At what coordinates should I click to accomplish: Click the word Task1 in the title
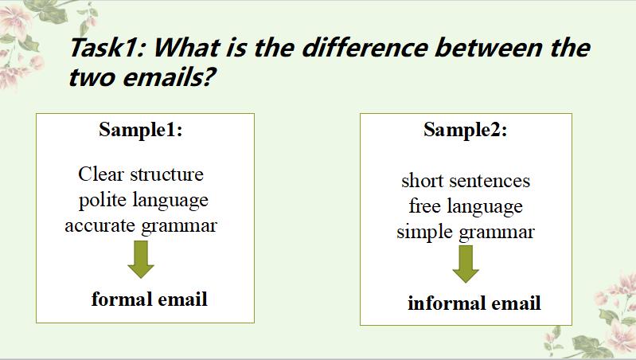(x=107, y=47)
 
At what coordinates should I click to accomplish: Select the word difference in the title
(x=365, y=47)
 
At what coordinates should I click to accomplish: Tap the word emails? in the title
(x=168, y=76)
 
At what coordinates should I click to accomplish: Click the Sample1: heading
(x=140, y=130)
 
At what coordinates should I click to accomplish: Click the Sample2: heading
(x=465, y=130)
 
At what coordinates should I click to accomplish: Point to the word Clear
(x=100, y=174)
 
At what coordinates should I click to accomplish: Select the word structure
(x=166, y=174)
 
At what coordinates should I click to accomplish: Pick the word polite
(x=102, y=200)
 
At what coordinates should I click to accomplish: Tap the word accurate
(x=99, y=225)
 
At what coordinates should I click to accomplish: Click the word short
(x=422, y=181)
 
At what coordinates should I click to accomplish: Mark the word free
(x=425, y=205)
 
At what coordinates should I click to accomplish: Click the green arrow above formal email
(x=141, y=260)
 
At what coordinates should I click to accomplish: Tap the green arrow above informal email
(x=466, y=264)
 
